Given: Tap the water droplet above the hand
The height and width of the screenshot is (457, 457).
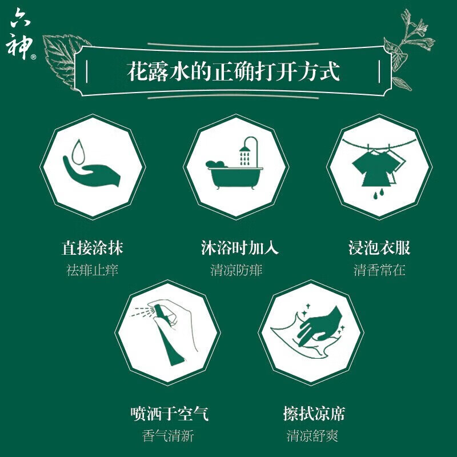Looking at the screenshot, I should click(79, 150).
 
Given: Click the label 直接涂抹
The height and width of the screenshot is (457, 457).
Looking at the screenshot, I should click(93, 248).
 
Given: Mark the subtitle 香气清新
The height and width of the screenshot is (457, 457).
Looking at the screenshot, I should click(169, 436).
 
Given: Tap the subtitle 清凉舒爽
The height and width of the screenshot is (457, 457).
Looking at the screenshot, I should click(312, 436).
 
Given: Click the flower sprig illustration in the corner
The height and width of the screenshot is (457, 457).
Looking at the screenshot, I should click(410, 46).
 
